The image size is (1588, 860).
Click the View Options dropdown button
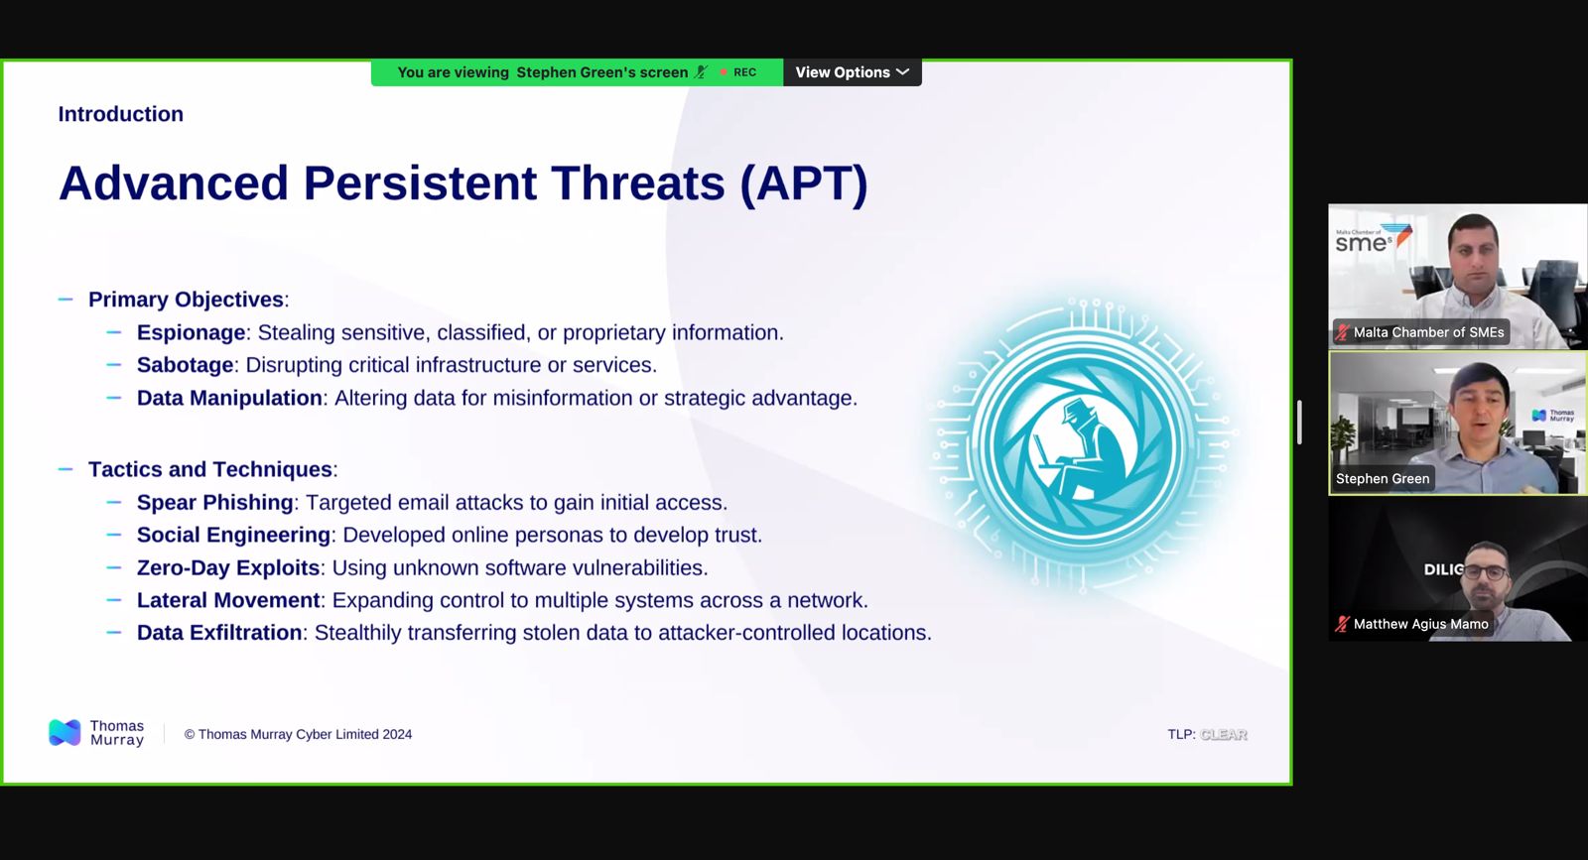pyautogui.click(x=853, y=72)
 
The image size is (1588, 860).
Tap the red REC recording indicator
pyautogui.click(x=738, y=72)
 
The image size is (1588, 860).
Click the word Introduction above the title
pyautogui.click(x=120, y=114)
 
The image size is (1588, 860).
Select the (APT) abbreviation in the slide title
pyautogui.click(x=803, y=184)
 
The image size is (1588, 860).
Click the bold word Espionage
pyautogui.click(x=191, y=332)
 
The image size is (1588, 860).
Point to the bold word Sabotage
pyautogui.click(x=185, y=365)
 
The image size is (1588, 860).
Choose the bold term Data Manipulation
pyautogui.click(x=229, y=398)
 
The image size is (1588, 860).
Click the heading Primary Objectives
pyautogui.click(x=186, y=300)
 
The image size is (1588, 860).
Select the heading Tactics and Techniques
pyautogui.click(x=209, y=469)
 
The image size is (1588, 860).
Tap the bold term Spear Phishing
pyautogui.click(x=214, y=502)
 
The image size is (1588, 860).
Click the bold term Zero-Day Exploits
pyautogui.click(x=228, y=567)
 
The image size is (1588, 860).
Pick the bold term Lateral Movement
pyautogui.click(x=228, y=600)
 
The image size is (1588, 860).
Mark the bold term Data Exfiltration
pyautogui.click(x=219, y=633)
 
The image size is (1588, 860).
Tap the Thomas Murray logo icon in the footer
pyautogui.click(x=65, y=732)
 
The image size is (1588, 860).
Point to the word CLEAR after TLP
pyautogui.click(x=1223, y=735)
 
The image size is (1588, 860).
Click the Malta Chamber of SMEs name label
pyautogui.click(x=1428, y=332)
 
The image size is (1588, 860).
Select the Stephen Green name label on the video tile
pyautogui.click(x=1383, y=479)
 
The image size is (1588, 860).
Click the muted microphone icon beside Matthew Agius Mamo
pyautogui.click(x=1342, y=624)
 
